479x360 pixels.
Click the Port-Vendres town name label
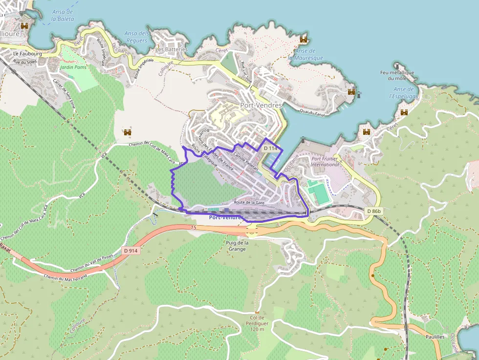pyautogui.click(x=261, y=105)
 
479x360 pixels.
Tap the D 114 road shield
pyautogui.click(x=270, y=148)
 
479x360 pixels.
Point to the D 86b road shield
pyautogui.click(x=373, y=211)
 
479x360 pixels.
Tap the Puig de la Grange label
pyautogui.click(x=238, y=246)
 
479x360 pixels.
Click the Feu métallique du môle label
pyautogui.click(x=397, y=75)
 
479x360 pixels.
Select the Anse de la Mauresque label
pyautogui.click(x=305, y=54)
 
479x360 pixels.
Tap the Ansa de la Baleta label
pyautogui.click(x=63, y=15)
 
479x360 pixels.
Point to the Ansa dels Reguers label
pyautogui.click(x=136, y=37)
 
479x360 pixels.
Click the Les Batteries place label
pyautogui.click(x=171, y=49)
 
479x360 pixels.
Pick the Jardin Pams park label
pyautogui.click(x=73, y=67)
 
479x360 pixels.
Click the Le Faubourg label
pyautogui.click(x=27, y=53)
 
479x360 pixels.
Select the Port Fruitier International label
pyautogui.click(x=325, y=161)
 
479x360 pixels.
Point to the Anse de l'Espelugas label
pyautogui.click(x=404, y=93)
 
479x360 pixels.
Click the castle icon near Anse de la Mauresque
pyautogui.click(x=304, y=40)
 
